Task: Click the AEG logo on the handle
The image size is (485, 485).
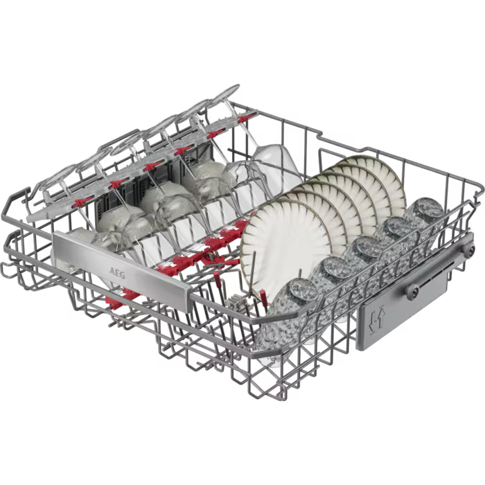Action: [118, 273]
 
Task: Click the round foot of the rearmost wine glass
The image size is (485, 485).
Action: [224, 95]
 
